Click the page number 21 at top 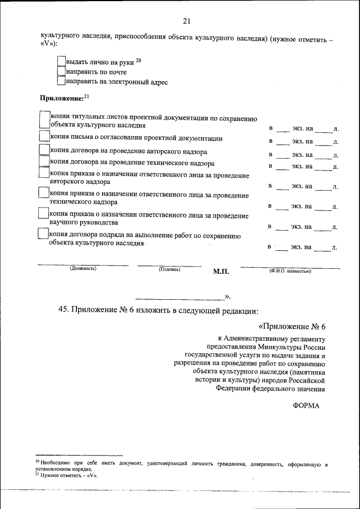187,21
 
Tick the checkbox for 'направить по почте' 61,71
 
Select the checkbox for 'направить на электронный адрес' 61,82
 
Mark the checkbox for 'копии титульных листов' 44,120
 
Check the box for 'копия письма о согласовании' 44,137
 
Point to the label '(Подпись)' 169,269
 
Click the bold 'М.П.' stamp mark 222,271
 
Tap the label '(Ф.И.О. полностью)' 290,271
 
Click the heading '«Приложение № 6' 292,327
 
